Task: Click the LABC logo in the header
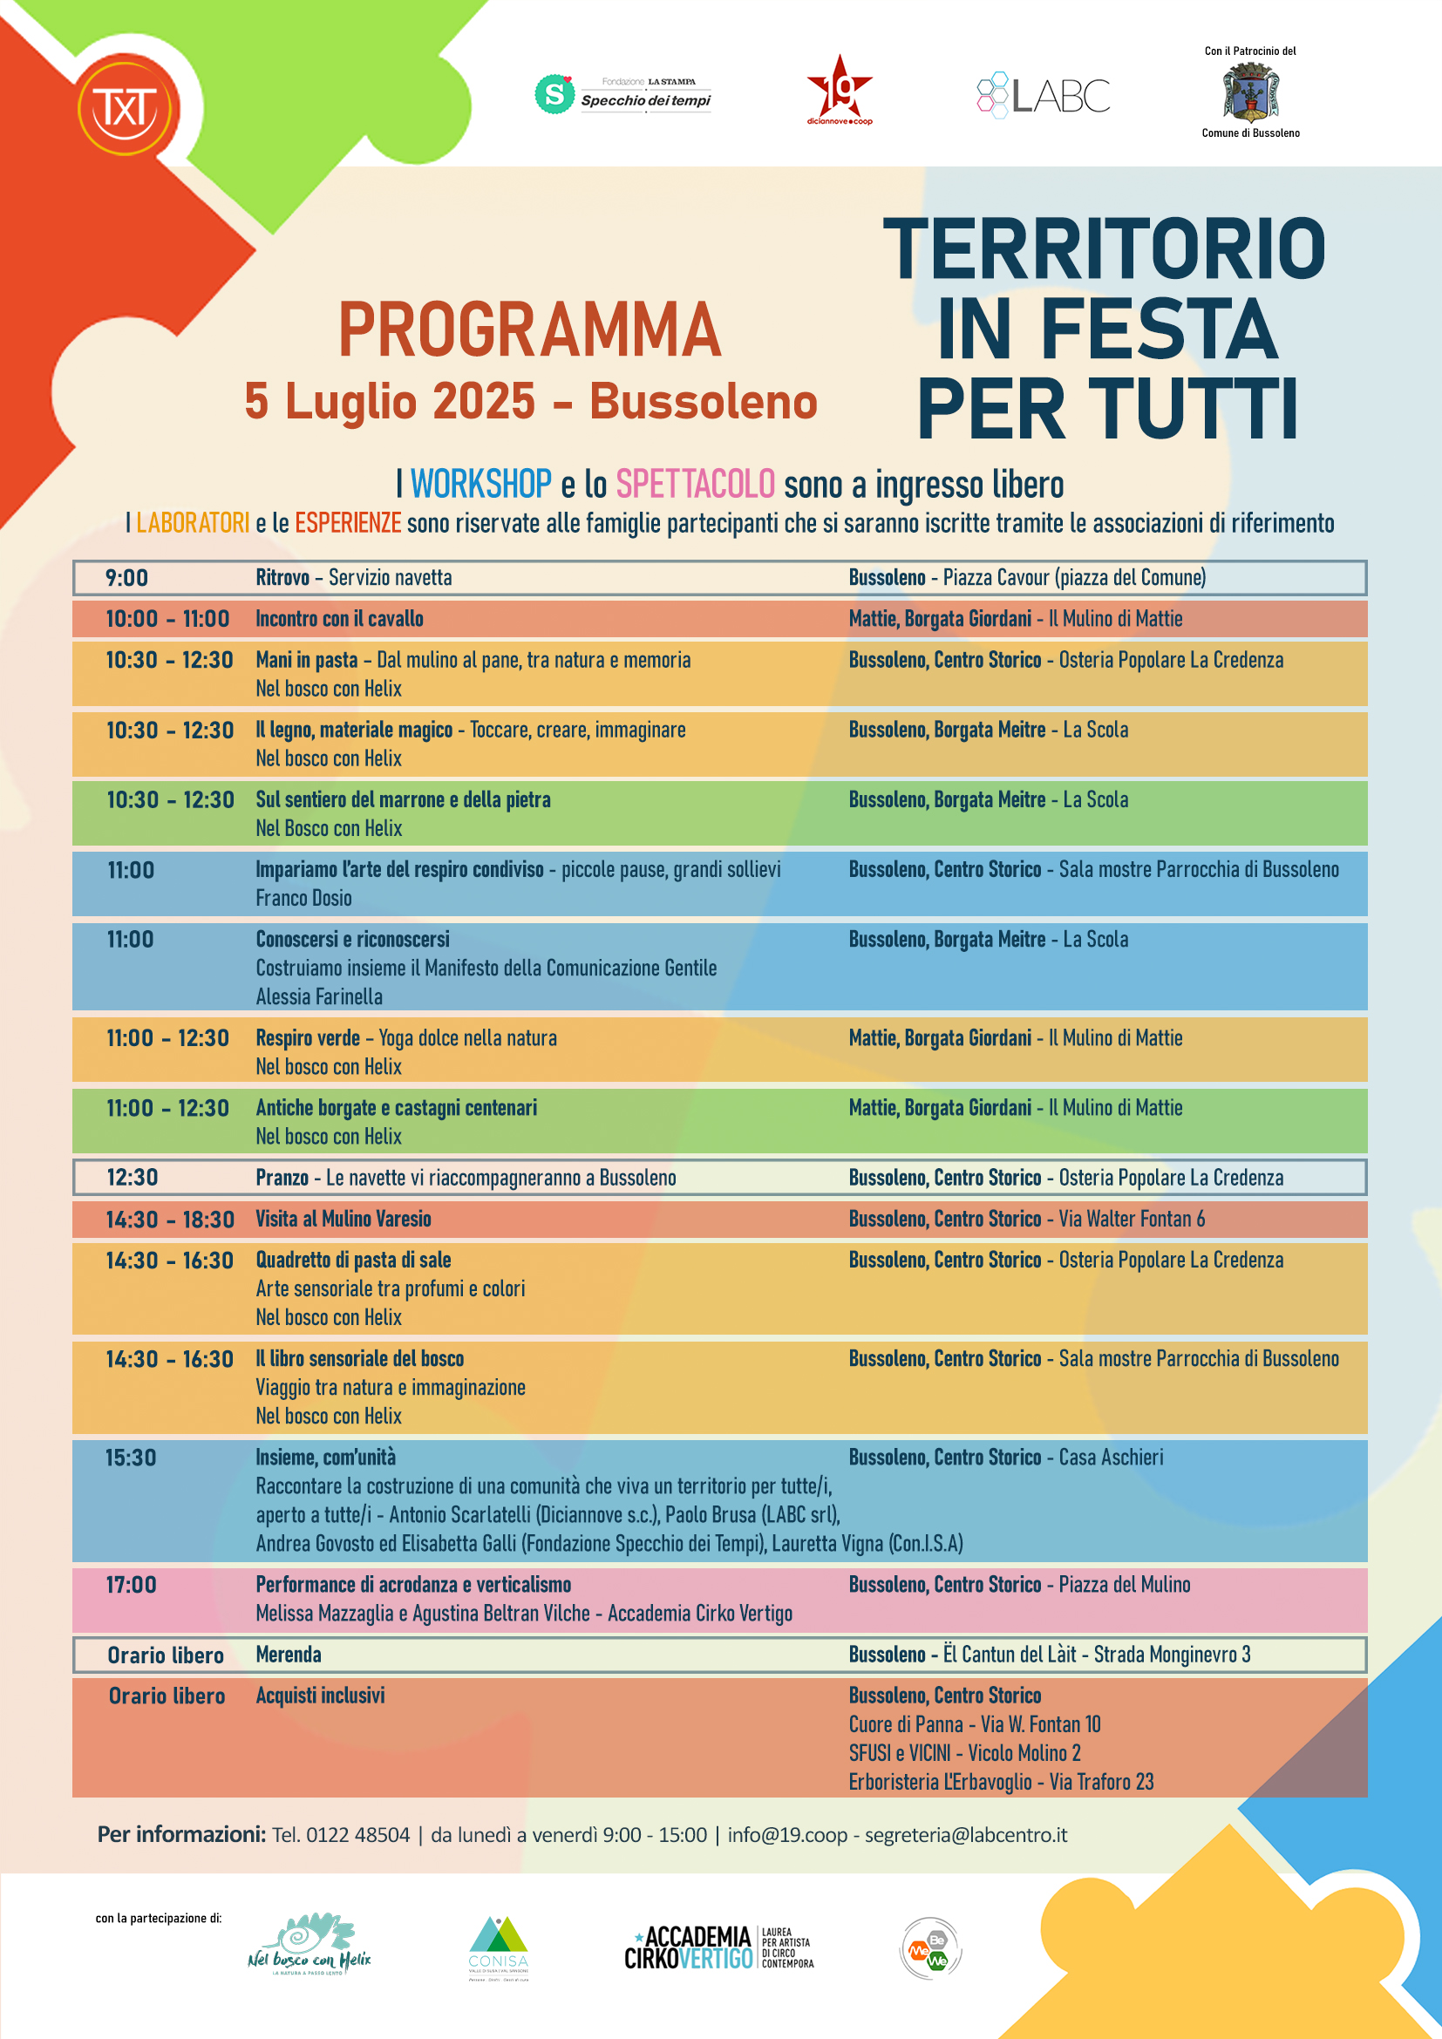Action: [1044, 95]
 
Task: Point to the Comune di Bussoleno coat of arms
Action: [1250, 92]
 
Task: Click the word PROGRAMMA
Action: [529, 330]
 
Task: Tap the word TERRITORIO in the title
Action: [1104, 249]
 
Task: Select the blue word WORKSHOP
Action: [480, 485]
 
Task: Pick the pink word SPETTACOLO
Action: [695, 485]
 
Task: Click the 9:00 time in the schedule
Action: [127, 578]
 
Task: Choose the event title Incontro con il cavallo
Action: [339, 619]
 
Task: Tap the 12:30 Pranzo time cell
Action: [133, 1178]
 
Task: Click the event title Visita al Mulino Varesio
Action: [343, 1220]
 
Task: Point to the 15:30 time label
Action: [131, 1458]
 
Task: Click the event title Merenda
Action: [289, 1655]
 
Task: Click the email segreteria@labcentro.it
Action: [965, 1835]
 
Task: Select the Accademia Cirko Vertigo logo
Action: [718, 1947]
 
